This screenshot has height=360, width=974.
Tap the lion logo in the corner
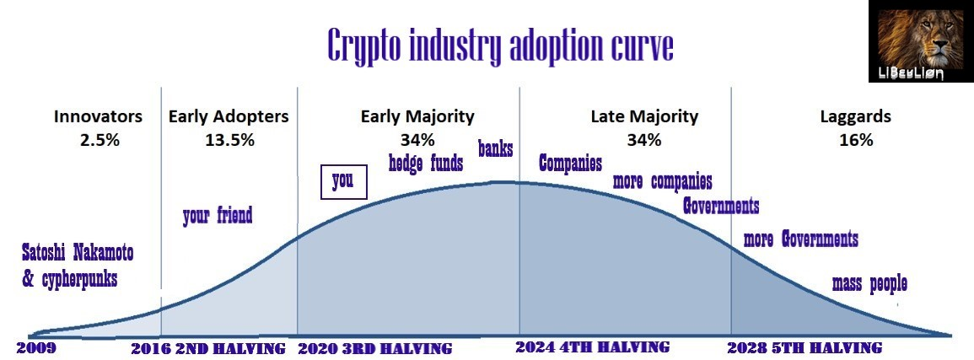click(x=920, y=41)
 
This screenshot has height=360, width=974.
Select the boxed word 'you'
click(x=343, y=181)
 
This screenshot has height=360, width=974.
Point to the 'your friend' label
click(x=218, y=216)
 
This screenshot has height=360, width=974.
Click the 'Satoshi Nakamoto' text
click(x=78, y=253)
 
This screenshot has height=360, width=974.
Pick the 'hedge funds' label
click(x=426, y=164)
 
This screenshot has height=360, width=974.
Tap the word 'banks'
click(x=495, y=149)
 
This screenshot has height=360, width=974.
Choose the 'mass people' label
click(x=869, y=284)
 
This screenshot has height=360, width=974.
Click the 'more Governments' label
click(x=800, y=239)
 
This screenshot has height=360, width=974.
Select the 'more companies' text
click(x=662, y=181)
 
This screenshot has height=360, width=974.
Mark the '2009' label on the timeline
click(x=36, y=347)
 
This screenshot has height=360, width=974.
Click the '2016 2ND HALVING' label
click(x=208, y=348)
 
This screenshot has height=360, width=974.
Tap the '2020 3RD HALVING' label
click(x=375, y=348)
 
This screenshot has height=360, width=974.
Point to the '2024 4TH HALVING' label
click(x=593, y=347)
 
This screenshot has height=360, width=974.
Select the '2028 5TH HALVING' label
click(x=804, y=347)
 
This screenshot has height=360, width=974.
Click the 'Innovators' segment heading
click(x=98, y=116)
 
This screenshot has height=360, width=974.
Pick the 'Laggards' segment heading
click(x=855, y=116)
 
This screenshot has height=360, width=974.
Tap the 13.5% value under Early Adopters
click(x=230, y=140)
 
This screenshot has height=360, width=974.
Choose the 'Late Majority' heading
click(x=644, y=116)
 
